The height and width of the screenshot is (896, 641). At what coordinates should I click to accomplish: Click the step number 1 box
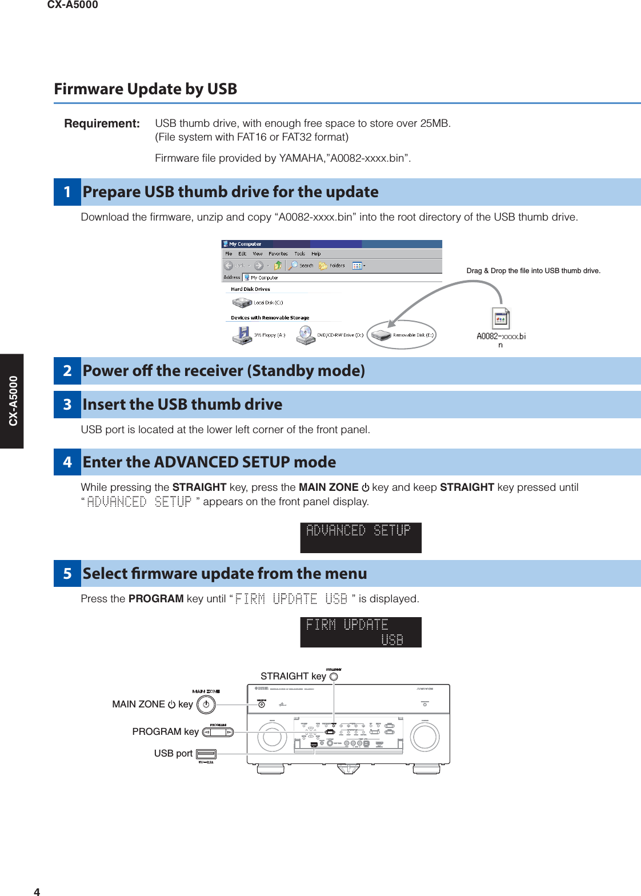(67, 192)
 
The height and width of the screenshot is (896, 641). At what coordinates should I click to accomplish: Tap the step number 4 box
(67, 462)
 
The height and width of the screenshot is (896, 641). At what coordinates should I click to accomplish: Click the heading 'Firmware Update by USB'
(146, 89)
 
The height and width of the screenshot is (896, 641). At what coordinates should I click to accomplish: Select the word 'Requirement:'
(102, 123)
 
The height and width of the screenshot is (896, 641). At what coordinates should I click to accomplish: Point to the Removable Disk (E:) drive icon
(380, 335)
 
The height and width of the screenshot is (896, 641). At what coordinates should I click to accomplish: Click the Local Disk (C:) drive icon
(242, 302)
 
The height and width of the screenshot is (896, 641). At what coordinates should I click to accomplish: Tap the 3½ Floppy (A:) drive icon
(243, 335)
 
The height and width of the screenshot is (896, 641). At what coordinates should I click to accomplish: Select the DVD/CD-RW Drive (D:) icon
(306, 335)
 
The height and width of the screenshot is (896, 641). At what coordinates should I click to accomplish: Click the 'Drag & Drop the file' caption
(533, 271)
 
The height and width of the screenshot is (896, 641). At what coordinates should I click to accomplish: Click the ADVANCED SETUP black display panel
(360, 538)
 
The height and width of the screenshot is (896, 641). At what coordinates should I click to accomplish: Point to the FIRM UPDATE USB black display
(360, 632)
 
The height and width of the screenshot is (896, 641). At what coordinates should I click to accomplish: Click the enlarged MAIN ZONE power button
(206, 705)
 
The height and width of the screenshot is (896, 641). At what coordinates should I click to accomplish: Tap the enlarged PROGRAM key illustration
(218, 732)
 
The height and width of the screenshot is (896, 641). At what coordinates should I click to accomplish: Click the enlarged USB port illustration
(206, 754)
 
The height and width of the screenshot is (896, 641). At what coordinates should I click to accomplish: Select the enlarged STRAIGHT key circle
(334, 677)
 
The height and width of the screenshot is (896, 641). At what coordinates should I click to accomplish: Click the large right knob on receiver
(424, 737)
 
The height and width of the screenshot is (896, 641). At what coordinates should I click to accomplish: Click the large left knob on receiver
(272, 738)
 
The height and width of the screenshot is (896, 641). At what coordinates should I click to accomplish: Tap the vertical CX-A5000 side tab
(12, 401)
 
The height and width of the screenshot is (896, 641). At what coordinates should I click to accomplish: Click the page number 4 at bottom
(37, 891)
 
